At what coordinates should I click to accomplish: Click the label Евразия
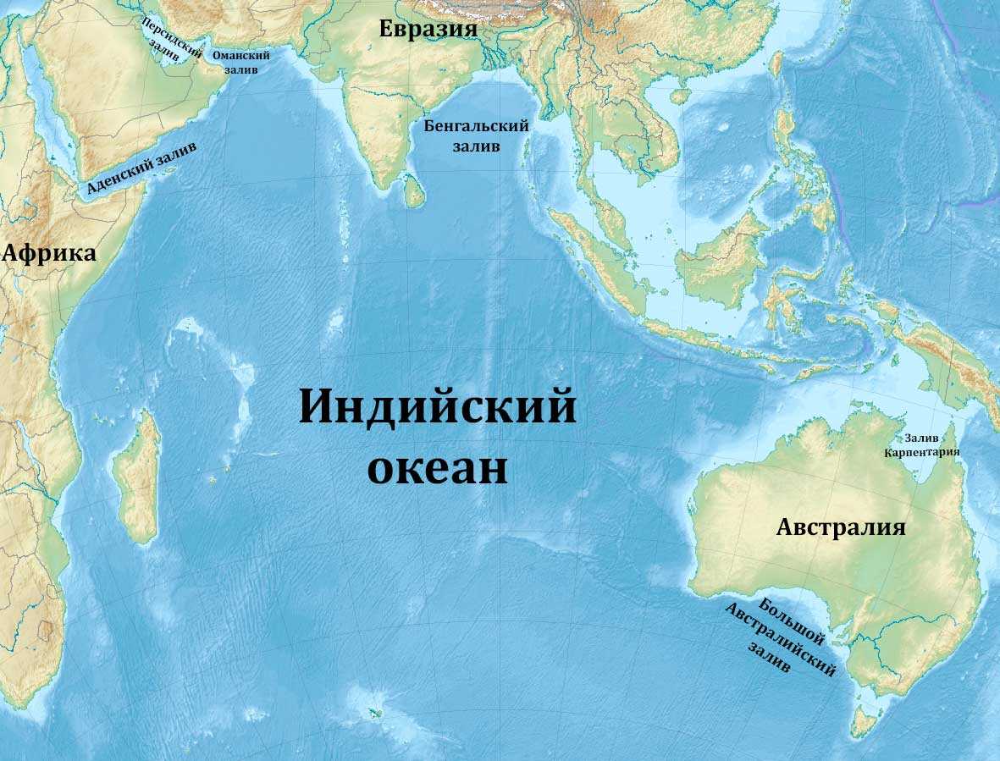(x=428, y=29)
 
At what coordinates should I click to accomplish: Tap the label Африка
(x=49, y=253)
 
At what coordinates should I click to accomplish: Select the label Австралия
(x=841, y=527)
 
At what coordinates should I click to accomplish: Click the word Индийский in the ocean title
(x=437, y=407)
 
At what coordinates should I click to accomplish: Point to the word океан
(x=437, y=468)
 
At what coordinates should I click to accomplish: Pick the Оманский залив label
(x=241, y=62)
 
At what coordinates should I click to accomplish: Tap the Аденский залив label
(x=141, y=168)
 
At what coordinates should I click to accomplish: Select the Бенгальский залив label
(x=476, y=135)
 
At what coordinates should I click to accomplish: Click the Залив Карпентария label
(x=922, y=445)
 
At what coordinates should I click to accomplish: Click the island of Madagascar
(x=138, y=478)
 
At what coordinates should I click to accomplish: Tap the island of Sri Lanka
(x=413, y=192)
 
